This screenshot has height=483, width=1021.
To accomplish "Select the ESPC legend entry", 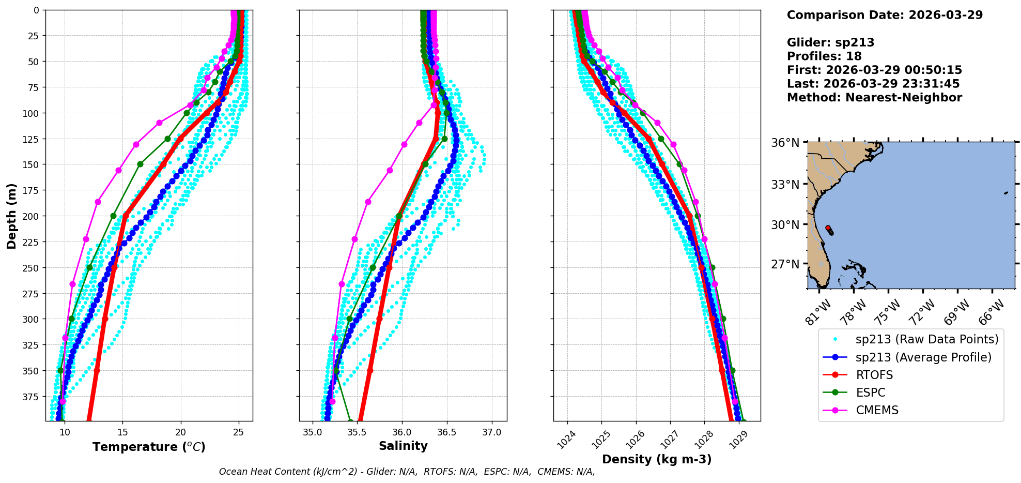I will click(x=871, y=393).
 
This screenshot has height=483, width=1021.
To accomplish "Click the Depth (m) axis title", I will click(x=11, y=216).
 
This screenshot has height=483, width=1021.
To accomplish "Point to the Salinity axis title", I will click(x=403, y=446).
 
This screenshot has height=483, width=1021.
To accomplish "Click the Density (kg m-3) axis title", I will click(x=657, y=459).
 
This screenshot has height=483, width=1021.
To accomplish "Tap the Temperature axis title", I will click(x=149, y=447).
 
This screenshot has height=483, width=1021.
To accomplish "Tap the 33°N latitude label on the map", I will click(x=785, y=185).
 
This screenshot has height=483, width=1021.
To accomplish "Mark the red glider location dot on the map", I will click(x=828, y=228).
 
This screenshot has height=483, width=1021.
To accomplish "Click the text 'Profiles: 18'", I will click(x=824, y=56).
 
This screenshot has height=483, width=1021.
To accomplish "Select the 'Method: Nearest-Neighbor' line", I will click(x=874, y=98).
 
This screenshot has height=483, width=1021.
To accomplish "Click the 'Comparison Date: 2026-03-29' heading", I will click(x=885, y=15).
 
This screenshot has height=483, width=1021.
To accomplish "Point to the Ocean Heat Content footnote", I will click(x=407, y=472).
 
